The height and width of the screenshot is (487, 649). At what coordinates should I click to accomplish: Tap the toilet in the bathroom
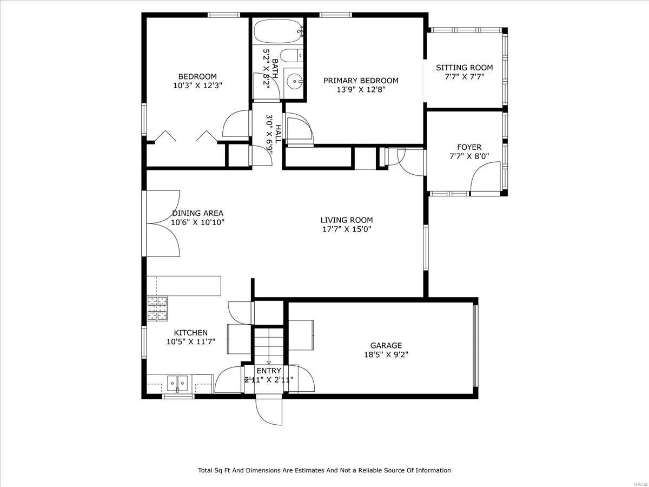click(x=293, y=56)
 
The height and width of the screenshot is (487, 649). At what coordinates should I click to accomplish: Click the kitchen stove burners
click(x=157, y=308)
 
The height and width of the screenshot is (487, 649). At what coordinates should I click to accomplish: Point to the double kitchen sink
click(x=177, y=384)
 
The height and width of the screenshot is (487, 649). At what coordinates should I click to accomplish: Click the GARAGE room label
click(x=386, y=345)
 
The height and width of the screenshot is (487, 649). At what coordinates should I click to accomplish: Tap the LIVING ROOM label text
click(x=346, y=220)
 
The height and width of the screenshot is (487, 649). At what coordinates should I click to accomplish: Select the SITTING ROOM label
click(x=464, y=68)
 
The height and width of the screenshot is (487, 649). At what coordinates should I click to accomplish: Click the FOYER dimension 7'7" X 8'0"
click(x=468, y=156)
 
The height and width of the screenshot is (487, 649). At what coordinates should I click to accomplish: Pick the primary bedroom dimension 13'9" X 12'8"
click(x=360, y=90)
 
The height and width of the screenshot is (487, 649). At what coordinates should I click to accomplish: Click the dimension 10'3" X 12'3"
click(x=197, y=85)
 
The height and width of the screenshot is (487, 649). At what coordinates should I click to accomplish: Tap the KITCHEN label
click(x=190, y=332)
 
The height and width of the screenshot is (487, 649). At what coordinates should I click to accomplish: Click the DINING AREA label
click(x=197, y=213)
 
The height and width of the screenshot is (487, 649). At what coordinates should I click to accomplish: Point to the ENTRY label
click(x=269, y=370)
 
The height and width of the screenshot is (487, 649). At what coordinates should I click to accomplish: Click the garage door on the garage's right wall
click(x=475, y=346)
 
